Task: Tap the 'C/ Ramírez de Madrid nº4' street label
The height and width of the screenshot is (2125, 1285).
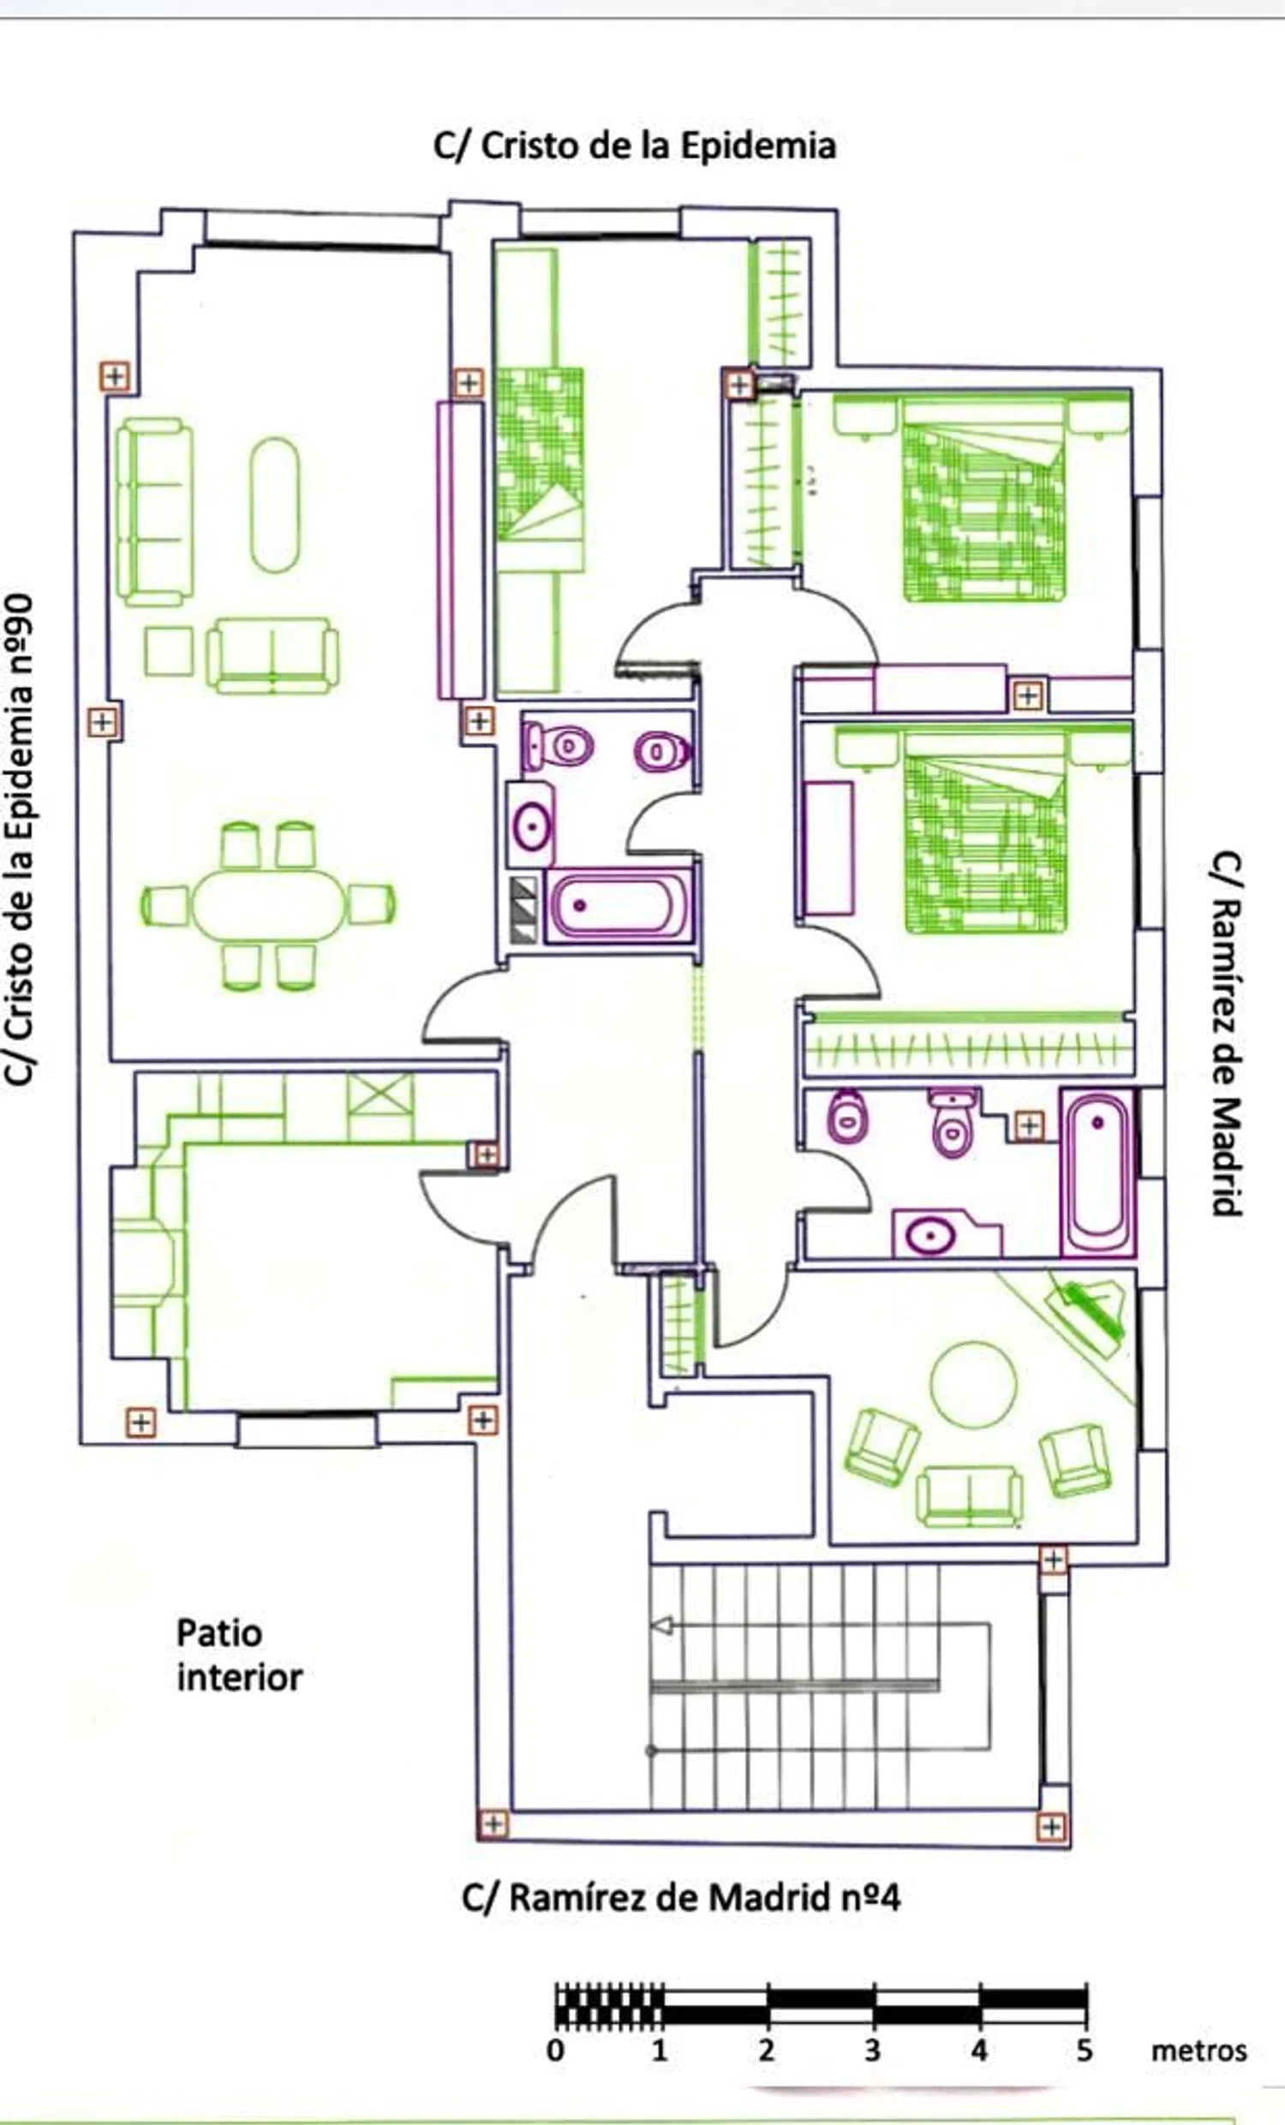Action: [x=680, y=1897]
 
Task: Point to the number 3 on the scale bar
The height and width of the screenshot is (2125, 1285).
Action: [x=873, y=2050]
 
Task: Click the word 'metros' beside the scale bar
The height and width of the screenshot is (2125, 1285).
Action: [x=1198, y=2050]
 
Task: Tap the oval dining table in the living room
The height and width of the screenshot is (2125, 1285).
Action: [x=267, y=904]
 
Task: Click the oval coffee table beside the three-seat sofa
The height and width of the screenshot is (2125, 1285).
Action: [x=274, y=504]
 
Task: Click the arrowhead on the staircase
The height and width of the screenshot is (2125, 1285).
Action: [x=661, y=1626]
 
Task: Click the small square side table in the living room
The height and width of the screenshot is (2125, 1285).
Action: [x=168, y=651]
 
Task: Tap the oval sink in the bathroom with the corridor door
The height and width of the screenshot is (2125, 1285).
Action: [x=532, y=827]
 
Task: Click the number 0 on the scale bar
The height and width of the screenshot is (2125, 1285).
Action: [x=556, y=2050]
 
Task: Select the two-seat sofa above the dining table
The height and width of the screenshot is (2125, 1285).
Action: [x=272, y=655]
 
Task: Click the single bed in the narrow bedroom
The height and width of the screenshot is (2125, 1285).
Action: [x=541, y=470]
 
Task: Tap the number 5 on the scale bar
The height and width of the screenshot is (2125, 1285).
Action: [x=1084, y=2050]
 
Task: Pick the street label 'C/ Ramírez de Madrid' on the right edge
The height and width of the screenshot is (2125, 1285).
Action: [x=1226, y=1034]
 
